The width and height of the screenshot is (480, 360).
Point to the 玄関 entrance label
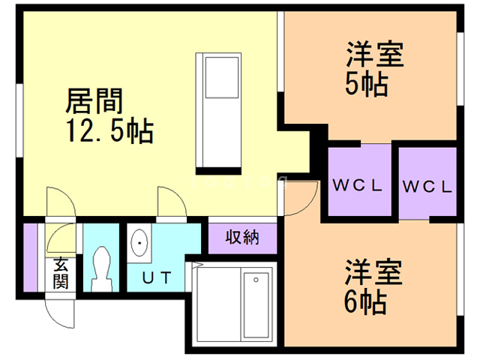60,273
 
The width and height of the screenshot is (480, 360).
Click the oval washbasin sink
139,244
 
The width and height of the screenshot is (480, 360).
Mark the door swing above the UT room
169,204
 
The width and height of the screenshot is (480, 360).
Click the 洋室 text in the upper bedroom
375,55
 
